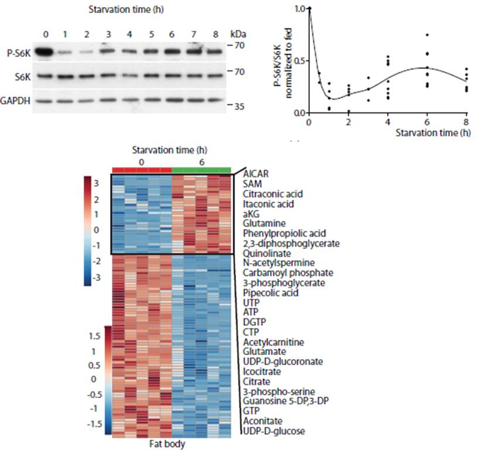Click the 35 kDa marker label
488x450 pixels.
pos(237,107)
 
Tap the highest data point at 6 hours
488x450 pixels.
pos(427,35)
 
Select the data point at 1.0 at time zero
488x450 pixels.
pos(309,9)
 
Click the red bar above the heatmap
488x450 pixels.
pos(142,169)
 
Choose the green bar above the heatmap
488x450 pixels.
pos(202,169)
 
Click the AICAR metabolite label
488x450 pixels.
pos(255,174)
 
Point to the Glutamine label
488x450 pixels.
pos(261,223)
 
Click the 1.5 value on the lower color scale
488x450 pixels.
pos(94,337)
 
